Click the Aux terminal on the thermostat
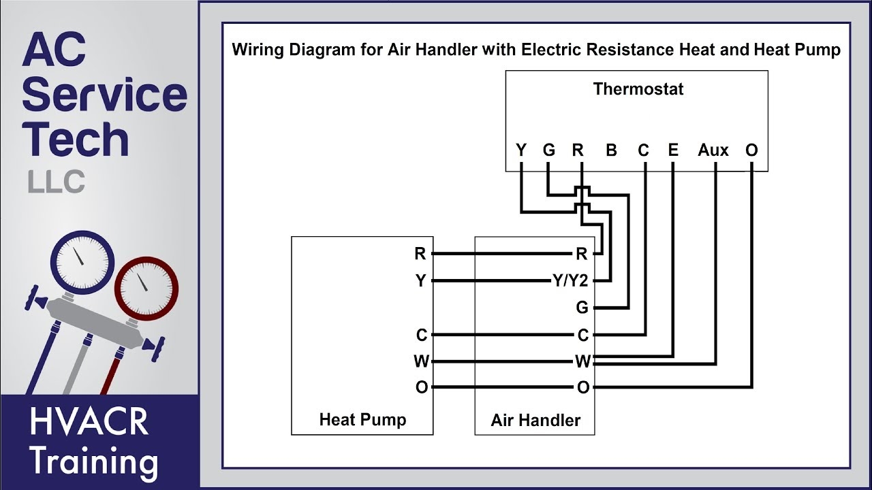pos(713,150)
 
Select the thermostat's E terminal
pos(673,150)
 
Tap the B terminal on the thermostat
pos(611,150)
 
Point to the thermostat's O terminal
pos(751,150)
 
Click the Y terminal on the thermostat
pos(521,150)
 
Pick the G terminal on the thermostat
pos(549,150)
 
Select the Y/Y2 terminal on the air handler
pos(570,281)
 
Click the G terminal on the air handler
pos(582,308)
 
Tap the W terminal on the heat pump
pos(421,361)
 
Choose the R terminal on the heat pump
pos(420,254)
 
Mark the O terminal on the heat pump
pos(421,387)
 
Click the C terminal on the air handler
pos(582,335)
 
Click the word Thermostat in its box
pos(638,89)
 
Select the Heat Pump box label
pos(362,420)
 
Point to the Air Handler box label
pos(535,421)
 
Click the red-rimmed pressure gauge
pos(145,286)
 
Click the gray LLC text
pos(57,182)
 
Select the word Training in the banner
pos(94,462)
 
